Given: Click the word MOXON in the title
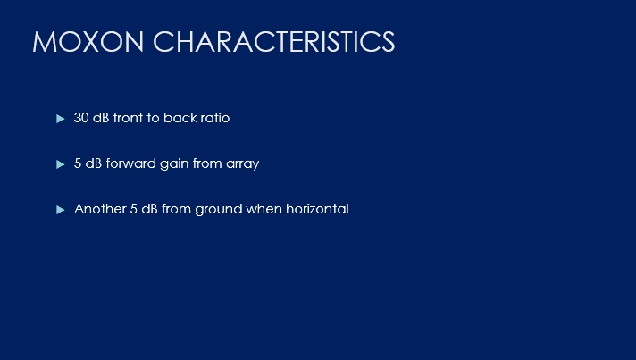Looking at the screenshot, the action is tap(88, 41).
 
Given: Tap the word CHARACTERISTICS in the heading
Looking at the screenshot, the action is tap(274, 41).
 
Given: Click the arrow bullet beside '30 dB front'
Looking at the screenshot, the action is tap(61, 119).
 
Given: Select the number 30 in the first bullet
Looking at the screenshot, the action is tap(81, 118).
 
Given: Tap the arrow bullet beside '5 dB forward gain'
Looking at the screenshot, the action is tap(61, 164).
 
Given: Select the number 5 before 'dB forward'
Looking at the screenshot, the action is tap(78, 163).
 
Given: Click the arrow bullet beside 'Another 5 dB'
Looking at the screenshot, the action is tap(61, 210).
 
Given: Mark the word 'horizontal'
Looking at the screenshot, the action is tap(317, 209).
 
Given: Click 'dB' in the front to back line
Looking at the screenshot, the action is tap(101, 118).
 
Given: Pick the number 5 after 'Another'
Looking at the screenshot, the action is tap(134, 209).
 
